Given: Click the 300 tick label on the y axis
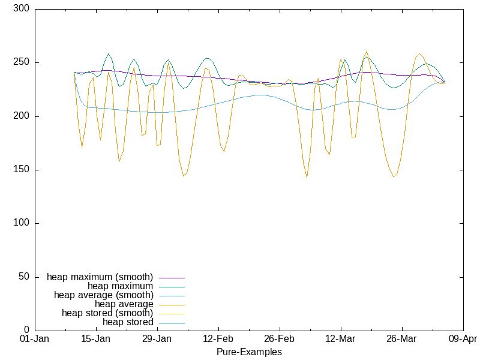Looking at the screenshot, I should pos(22,10).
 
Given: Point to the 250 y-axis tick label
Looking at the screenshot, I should pos(22,63).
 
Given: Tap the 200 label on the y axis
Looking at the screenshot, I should pos(22,116).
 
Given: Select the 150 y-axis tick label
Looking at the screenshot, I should pos(22,170).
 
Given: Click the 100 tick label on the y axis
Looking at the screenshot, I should pos(22,223).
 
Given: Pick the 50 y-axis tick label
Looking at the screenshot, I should pos(24,277).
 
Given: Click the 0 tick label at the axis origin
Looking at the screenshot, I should pos(26,330).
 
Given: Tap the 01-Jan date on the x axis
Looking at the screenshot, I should pos(35,339).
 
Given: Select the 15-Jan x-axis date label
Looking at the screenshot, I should pos(96,339).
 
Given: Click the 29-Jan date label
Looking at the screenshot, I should pos(157,339).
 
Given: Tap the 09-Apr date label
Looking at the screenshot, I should pos(463,339).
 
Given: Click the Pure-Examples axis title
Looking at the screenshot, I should pos(249,352).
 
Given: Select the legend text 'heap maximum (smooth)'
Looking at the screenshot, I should pos(100,277).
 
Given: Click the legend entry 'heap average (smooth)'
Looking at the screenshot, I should pos(103,295).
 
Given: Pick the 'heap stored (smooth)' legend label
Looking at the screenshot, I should pos(107,313).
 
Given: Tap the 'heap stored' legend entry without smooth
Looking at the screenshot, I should pos(128,322).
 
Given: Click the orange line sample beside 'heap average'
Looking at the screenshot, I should pos(171,305).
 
